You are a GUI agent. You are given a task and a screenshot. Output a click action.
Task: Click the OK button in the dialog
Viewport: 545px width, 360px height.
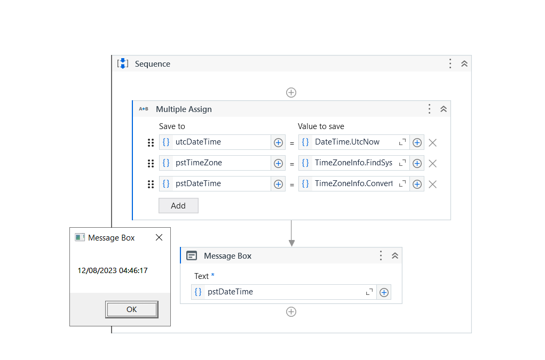[131, 309]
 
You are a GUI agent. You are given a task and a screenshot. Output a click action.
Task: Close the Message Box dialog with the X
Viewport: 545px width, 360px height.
[159, 238]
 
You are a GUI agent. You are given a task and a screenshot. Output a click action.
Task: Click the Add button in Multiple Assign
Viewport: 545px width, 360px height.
[178, 206]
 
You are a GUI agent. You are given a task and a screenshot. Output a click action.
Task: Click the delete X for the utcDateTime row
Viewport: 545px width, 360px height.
[433, 142]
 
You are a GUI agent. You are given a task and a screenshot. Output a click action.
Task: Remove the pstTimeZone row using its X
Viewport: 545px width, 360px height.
[433, 163]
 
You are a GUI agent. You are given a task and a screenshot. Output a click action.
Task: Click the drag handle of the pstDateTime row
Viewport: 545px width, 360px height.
[151, 184]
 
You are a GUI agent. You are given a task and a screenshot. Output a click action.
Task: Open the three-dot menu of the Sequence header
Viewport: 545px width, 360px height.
[450, 64]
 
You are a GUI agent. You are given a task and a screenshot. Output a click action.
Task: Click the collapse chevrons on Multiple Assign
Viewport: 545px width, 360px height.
[443, 109]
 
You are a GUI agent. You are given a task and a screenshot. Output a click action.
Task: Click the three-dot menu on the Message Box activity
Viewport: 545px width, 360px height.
[381, 255]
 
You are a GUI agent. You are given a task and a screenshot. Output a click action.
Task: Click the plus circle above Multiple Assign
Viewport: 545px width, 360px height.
[291, 92]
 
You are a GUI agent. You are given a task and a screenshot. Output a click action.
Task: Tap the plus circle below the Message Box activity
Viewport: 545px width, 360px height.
[291, 312]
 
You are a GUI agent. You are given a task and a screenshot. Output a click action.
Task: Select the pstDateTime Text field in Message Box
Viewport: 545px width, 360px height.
[283, 292]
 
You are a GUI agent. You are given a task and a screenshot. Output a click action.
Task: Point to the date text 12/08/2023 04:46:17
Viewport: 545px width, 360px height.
[113, 270]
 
